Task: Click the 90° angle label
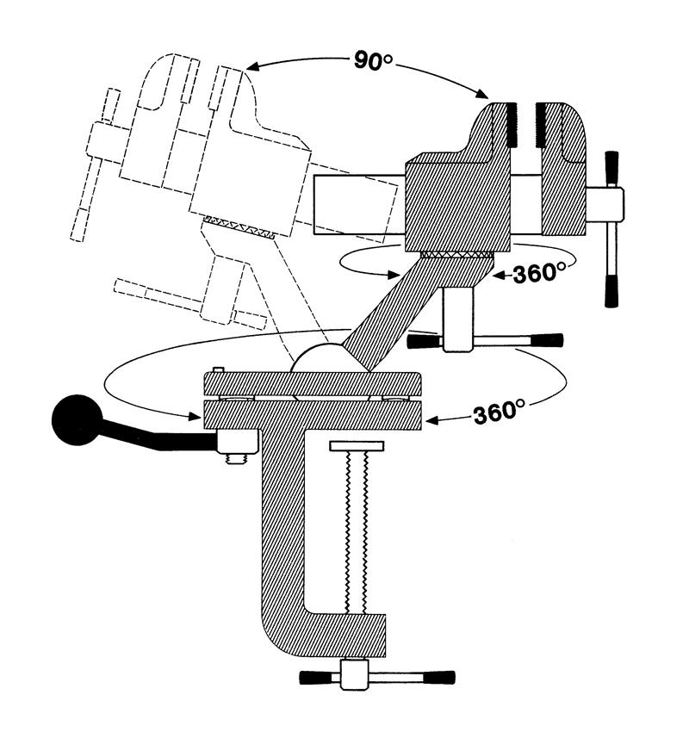point(373,60)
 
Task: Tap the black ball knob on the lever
point(77,419)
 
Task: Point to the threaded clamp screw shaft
point(357,532)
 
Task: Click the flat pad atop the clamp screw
point(357,446)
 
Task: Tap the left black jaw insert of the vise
point(512,125)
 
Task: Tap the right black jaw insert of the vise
point(542,125)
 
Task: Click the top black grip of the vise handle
point(611,169)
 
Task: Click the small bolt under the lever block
point(237,459)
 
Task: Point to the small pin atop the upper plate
point(219,369)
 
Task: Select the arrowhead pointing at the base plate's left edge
point(194,415)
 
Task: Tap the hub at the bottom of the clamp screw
point(354,674)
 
